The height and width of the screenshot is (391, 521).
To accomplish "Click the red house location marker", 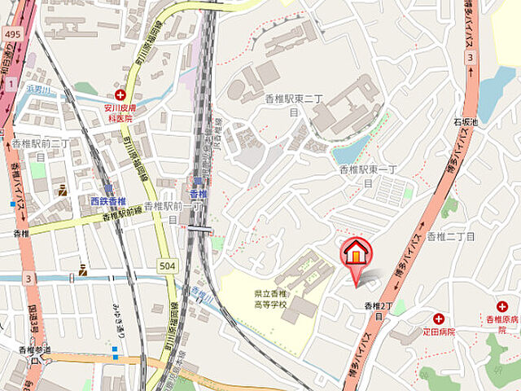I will (x=356, y=253).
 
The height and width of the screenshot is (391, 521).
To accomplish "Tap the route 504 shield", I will (x=167, y=266).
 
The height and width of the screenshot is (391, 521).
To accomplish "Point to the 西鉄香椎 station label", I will (x=107, y=201).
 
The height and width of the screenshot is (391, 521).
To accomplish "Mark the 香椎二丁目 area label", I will (x=450, y=235).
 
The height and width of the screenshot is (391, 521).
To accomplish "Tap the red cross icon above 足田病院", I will (x=439, y=319).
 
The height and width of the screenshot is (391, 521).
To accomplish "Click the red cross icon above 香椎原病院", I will (x=501, y=307).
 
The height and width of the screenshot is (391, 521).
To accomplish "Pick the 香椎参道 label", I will (x=34, y=350).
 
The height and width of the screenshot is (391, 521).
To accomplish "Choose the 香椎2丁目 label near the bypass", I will (x=379, y=310).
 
